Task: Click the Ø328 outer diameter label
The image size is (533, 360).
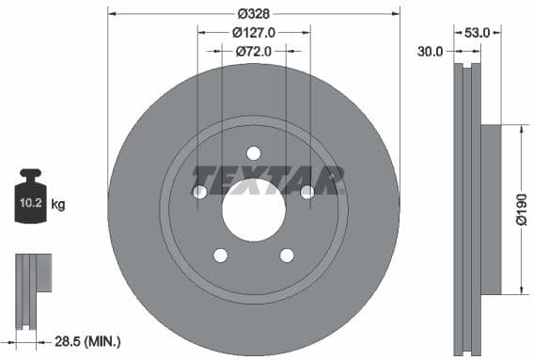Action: (254, 13)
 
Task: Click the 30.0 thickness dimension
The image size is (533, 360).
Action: (430, 52)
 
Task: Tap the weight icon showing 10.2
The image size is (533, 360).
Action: (31, 198)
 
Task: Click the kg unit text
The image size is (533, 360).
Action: (58, 203)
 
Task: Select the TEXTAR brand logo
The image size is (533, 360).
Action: (267, 179)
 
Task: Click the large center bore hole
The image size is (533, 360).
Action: (254, 208)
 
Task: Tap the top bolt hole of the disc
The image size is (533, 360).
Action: (254, 153)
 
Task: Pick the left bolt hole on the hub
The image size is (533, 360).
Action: (199, 192)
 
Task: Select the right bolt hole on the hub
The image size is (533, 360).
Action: (307, 192)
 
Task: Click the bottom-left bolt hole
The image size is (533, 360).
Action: (220, 255)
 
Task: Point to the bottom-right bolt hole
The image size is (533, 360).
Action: (287, 255)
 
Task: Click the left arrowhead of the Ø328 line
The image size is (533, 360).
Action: (112, 13)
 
